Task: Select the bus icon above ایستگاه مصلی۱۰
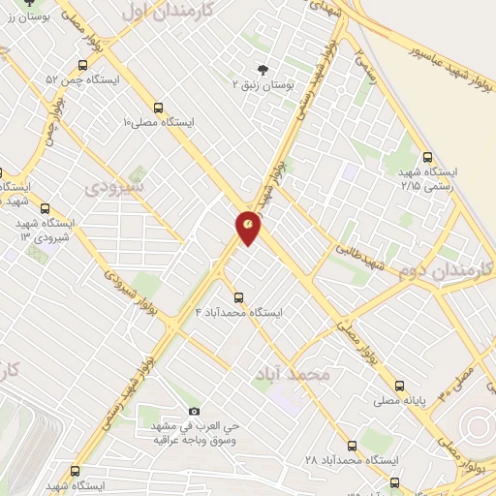pyautogui.click(x=158, y=108)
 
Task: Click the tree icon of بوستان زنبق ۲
pyautogui.click(x=262, y=68)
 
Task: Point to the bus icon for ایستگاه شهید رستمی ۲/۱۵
pyautogui.click(x=428, y=156)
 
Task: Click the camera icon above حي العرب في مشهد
pyautogui.click(x=195, y=412)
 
